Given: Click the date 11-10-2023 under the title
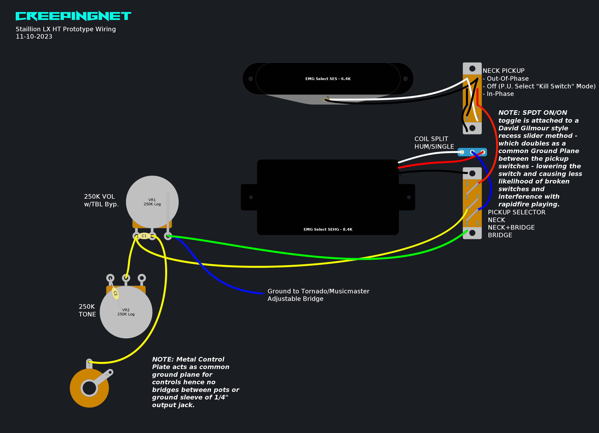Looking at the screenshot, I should pos(34,37).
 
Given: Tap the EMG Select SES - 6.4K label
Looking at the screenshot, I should pos(328,79).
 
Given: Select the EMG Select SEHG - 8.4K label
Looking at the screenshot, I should pos(328,229).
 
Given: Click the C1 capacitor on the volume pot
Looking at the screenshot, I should pos(144,236).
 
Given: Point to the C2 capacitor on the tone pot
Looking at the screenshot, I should pos(115,293).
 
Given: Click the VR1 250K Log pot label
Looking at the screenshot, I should pos(152,202).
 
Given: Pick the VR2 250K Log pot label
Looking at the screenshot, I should pos(126,312).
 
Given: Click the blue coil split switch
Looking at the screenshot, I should pos(472,152).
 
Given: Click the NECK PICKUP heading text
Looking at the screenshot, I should pos(503,71).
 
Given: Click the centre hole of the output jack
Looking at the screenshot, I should pos(89,388).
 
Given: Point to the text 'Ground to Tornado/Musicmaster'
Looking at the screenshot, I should pos(318,291).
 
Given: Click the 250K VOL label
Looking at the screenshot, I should pos(99,197).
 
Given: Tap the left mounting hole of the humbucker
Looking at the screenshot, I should pos(251,197).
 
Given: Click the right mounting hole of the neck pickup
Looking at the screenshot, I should pos(405,79).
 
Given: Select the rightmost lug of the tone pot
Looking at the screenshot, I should pos(142,278).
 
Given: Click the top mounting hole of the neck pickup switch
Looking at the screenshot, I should pos(472,69).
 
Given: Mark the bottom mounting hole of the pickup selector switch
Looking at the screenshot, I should pos(472,233).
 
